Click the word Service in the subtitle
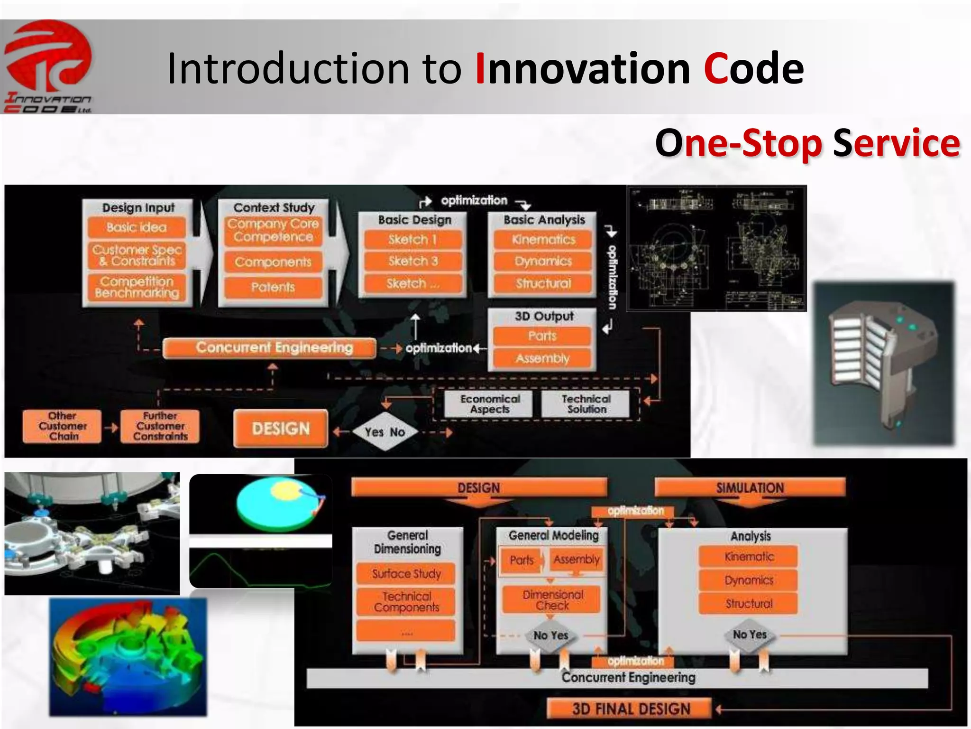[x=896, y=143]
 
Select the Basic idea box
[x=137, y=227]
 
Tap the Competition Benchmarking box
[x=137, y=287]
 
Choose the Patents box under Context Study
[x=273, y=287]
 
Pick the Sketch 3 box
[x=413, y=261]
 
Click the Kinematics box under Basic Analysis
[x=543, y=240]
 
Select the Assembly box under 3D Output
[x=542, y=358]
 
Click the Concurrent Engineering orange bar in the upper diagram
[x=269, y=347]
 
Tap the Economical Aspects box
[x=490, y=404]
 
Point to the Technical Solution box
[x=586, y=404]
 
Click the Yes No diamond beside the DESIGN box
[x=385, y=432]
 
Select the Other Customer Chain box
[x=63, y=426]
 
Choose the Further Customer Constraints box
[x=160, y=426]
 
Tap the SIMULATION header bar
[x=750, y=488]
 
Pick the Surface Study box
[x=406, y=574]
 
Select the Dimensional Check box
[x=552, y=600]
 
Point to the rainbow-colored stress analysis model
[x=128, y=657]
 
